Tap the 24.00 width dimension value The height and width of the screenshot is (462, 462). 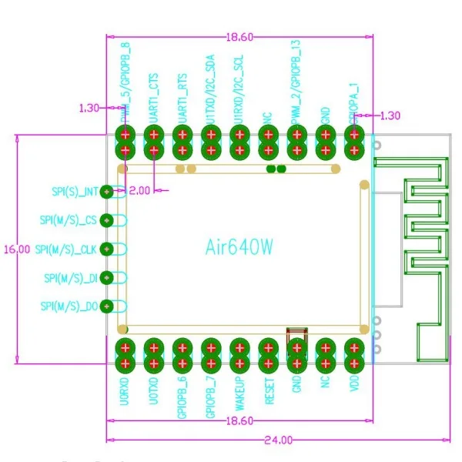tap(280, 440)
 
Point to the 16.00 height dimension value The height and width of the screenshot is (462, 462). tap(16, 249)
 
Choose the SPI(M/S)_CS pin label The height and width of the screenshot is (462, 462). tap(69, 220)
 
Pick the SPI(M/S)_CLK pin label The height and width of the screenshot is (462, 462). tap(69, 249)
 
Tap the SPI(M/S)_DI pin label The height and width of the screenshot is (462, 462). tap(71, 277)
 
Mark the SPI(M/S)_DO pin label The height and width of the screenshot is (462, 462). tap(71, 306)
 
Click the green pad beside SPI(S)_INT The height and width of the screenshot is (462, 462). tap(107, 192)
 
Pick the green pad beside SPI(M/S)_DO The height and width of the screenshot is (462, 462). tap(107, 306)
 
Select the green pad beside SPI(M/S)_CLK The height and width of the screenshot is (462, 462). tap(107, 249)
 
